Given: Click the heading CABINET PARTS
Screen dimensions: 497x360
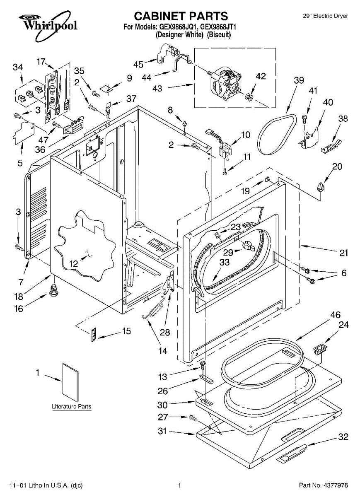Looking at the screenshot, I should (181, 16).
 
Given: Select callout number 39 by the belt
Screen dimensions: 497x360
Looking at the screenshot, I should (299, 81).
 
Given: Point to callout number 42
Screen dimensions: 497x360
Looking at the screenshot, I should (261, 76).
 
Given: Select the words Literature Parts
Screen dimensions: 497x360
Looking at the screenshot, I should (71, 407).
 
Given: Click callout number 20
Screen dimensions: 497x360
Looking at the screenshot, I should (337, 166).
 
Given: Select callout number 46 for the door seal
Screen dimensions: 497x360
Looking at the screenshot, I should (335, 315).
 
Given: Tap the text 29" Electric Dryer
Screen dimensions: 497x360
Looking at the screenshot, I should (325, 16).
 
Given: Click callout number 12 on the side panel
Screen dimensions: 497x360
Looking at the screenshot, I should (73, 263).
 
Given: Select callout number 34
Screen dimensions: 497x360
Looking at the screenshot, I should (18, 67).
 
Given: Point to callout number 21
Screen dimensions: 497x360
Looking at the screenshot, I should (343, 253).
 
